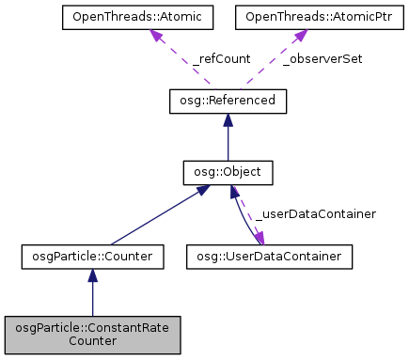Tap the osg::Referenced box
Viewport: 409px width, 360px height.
[228, 100]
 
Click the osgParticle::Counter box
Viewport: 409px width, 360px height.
[92, 255]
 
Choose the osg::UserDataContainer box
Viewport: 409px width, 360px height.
[269, 255]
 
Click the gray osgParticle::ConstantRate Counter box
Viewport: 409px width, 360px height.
[92, 335]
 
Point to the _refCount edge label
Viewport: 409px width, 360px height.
[223, 58]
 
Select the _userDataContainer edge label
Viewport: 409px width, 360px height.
[316, 214]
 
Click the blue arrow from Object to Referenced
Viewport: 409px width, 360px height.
[228, 141]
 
